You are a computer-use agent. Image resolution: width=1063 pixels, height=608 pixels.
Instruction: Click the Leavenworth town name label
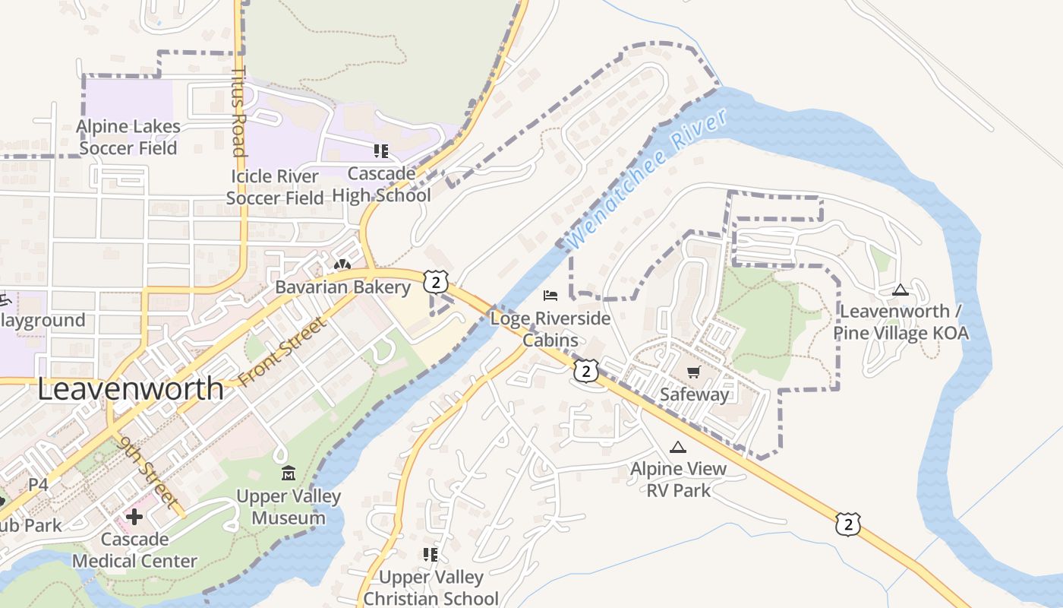coord(131,389)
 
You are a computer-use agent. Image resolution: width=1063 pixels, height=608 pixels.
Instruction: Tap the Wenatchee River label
coord(647,179)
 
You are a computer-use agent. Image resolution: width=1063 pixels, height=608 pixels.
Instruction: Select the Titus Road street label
coord(239,111)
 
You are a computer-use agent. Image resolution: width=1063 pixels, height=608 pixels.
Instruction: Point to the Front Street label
coord(282,351)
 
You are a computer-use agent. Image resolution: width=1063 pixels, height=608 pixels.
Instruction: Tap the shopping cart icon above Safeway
coord(693,372)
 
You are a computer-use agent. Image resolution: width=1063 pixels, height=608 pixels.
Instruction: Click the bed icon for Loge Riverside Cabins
coord(550,295)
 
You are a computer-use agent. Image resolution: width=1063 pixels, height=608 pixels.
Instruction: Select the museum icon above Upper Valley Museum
coord(289,474)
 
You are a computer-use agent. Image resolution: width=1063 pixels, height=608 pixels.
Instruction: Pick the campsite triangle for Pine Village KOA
coord(901,290)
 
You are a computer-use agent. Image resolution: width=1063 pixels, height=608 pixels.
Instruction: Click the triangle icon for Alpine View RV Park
coord(678,448)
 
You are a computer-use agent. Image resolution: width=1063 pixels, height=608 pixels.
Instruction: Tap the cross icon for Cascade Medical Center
coord(134,518)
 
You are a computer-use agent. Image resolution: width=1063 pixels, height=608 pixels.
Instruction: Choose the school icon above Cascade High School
coord(380,151)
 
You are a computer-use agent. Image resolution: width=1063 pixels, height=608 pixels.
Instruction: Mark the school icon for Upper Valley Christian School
coord(431,555)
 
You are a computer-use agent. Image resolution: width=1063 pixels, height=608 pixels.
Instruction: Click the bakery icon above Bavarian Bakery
coord(342,265)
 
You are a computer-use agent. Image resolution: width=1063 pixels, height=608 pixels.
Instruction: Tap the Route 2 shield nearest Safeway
coord(586,371)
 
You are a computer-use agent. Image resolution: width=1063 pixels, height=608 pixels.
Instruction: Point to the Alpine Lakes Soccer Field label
coord(128,138)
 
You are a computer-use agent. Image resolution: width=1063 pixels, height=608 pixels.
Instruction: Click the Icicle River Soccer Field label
coord(275,188)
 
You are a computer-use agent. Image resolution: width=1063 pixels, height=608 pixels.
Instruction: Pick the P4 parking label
coord(38,484)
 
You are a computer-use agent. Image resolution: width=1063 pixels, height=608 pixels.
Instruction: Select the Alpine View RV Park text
coord(678,480)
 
